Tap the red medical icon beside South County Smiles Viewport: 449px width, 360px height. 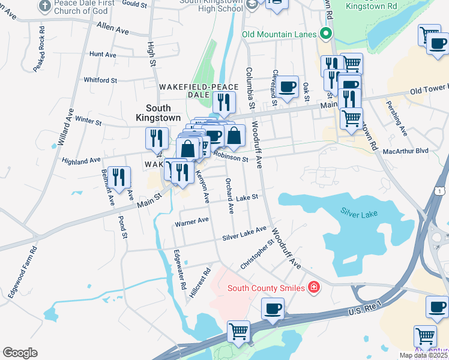point(313,289)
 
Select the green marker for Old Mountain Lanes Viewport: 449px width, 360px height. point(326,34)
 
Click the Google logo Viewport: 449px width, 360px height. point(20,353)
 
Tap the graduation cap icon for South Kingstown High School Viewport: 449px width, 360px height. point(253,5)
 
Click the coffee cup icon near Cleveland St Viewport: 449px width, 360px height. point(288,85)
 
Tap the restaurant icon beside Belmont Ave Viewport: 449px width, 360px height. point(121,176)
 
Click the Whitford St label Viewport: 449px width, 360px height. point(100,80)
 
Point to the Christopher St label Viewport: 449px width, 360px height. point(257,256)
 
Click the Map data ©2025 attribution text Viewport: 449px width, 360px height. point(423,355)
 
